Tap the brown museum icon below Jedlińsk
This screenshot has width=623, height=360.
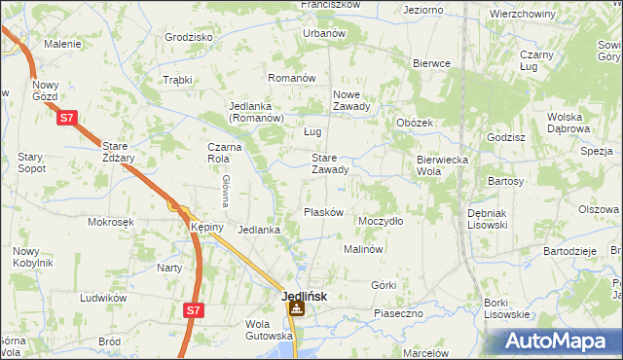point(296,310)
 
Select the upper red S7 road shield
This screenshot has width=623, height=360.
point(66,118)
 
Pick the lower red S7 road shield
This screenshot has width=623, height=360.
point(195,310)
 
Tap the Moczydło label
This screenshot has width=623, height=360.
point(381,221)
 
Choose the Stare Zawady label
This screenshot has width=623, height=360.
point(329,163)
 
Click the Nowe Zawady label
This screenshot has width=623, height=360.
point(351,101)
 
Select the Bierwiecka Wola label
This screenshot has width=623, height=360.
point(443,164)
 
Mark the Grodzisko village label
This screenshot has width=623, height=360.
point(189,37)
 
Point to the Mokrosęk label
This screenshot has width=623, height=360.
point(110,222)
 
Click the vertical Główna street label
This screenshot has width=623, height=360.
point(224,191)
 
